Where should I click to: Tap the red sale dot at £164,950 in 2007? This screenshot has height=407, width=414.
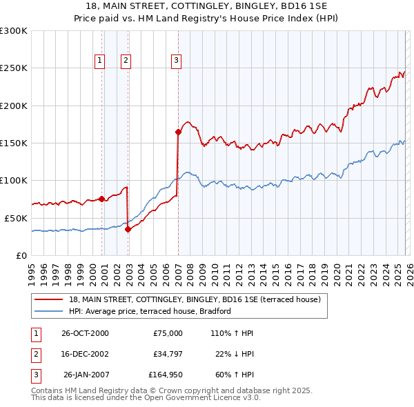[178, 131]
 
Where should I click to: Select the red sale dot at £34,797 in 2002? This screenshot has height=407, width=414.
[128, 230]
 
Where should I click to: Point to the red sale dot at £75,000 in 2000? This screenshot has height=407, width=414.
[102, 199]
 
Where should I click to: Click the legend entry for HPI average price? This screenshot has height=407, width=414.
[149, 311]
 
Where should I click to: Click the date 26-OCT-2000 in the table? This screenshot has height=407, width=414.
[84, 333]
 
